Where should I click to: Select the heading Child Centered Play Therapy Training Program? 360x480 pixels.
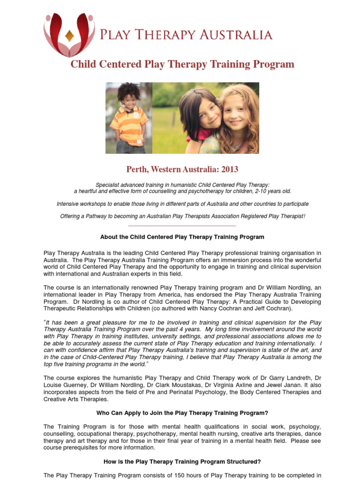tap(182, 64)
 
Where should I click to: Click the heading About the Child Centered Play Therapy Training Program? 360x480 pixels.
tap(182, 237)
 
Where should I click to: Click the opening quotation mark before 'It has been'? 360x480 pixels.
tap(45, 322)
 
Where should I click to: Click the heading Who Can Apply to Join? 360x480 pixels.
tap(182, 413)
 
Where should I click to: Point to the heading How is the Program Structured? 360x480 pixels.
tap(182, 462)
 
